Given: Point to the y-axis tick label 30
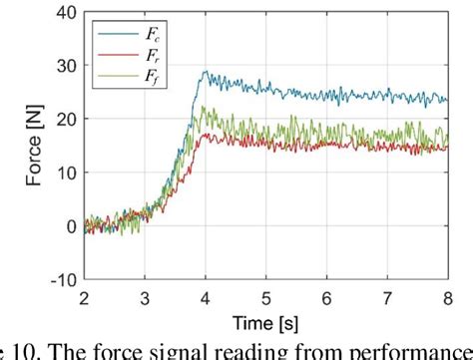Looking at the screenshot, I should point(66,65).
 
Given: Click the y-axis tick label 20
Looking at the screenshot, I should point(66,119).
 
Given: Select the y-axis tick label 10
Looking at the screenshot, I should point(66,173).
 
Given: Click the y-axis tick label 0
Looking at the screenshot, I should point(70,226).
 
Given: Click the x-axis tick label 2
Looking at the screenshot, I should point(84,296).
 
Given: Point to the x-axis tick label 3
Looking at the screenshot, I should point(145,296).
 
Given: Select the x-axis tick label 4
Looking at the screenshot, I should point(206,296).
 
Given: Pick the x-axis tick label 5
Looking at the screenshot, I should point(266,296).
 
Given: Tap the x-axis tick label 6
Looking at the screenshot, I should point(327,296).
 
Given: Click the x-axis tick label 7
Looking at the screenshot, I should point(388,296).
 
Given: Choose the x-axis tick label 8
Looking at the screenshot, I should point(448,296).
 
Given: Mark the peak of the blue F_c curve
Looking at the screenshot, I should point(206,72).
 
